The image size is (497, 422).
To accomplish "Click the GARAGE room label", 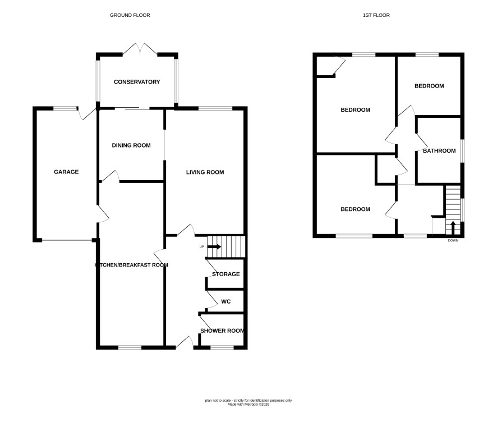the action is point(66,172).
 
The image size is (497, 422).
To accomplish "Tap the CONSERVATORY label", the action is point(137,82).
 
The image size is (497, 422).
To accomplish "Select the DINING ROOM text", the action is point(131,145).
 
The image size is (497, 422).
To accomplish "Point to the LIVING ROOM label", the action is point(205,172).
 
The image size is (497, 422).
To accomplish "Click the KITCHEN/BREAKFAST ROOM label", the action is point(131,265).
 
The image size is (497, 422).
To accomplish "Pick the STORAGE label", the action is point(226,274).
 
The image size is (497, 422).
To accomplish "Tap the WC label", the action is point(226,301).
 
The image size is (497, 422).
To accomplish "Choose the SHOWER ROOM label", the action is point(222,331).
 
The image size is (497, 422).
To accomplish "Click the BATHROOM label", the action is point(439,151).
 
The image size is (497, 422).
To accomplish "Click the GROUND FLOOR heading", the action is point(130,15).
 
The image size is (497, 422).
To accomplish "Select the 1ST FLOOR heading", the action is point(376,15).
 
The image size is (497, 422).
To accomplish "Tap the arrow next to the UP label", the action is point(214,247).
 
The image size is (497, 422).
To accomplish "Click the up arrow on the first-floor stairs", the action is point(453,227).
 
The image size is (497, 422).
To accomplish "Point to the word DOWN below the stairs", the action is point(453,241).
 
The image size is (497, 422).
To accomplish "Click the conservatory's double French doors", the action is point(140,49).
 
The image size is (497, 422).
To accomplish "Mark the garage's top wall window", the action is point(65,108).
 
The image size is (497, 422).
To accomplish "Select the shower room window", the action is point(222,348).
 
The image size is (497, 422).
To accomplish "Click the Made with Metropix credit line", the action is point(248,405).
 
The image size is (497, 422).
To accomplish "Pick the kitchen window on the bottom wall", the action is point(130,348).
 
